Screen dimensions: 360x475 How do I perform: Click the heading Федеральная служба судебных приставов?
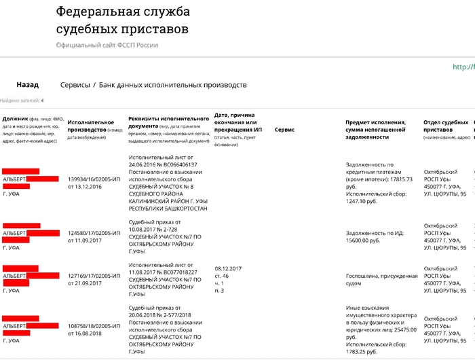[x=123, y=20]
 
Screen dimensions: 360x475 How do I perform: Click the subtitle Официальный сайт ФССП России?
[x=107, y=45]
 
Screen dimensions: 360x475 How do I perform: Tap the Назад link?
[x=28, y=85]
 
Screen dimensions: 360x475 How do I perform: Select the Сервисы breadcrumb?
[x=75, y=85]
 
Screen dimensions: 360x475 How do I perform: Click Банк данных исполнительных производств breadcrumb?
[x=173, y=85]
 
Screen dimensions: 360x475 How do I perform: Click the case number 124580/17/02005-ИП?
[x=94, y=232]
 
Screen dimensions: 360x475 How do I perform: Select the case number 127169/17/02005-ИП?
[x=94, y=276]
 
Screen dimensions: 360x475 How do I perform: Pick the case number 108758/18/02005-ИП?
[x=94, y=326]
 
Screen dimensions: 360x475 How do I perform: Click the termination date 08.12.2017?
[x=228, y=268]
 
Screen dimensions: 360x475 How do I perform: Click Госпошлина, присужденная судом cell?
[x=381, y=281]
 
